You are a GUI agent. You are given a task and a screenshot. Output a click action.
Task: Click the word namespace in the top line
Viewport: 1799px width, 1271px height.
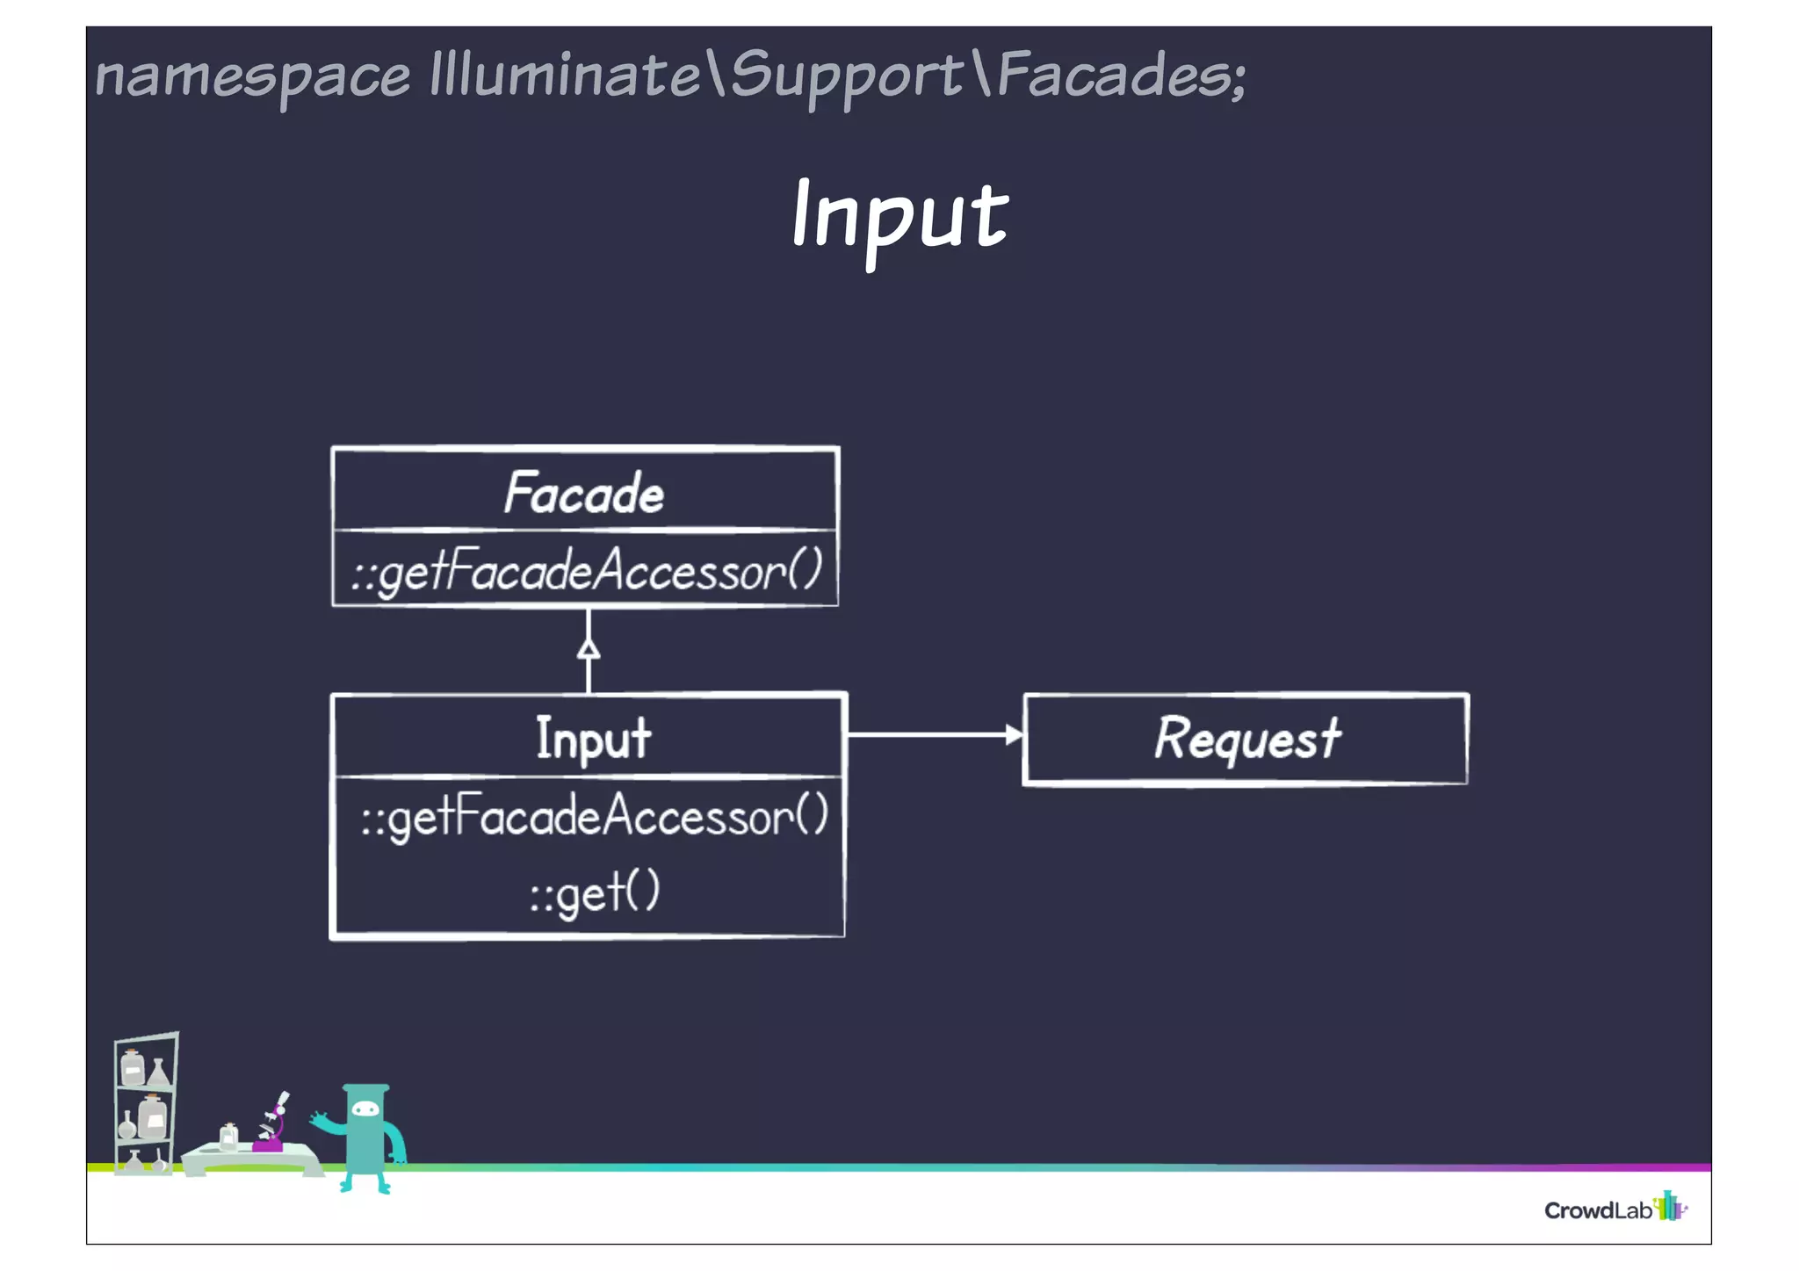[252, 76]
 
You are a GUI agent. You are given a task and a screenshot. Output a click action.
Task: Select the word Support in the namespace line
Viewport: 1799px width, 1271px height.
[846, 76]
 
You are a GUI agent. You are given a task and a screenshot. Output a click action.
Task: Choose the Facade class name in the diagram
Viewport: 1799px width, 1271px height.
[584, 493]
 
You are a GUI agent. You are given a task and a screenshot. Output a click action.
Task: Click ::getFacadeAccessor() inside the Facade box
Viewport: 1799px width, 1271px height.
[586, 571]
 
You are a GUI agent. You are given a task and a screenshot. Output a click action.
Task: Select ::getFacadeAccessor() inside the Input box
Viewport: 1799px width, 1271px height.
[594, 817]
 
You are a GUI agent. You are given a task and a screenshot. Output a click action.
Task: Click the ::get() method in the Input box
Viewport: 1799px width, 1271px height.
[594, 892]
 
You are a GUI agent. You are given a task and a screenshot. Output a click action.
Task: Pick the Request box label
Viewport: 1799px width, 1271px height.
[1246, 738]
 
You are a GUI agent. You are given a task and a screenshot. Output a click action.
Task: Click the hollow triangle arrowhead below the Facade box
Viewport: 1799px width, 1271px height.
[589, 649]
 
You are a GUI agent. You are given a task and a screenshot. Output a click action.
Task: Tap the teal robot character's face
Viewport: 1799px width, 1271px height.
[365, 1110]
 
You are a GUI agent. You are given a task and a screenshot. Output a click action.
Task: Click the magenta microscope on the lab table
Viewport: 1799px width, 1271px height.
[272, 1127]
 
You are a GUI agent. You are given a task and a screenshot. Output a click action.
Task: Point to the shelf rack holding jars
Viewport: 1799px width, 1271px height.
[145, 1103]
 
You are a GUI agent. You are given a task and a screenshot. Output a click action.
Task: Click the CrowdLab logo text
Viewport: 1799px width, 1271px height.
[1597, 1211]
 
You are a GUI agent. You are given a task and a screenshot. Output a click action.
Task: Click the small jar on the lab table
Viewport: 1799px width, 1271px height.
[228, 1137]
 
